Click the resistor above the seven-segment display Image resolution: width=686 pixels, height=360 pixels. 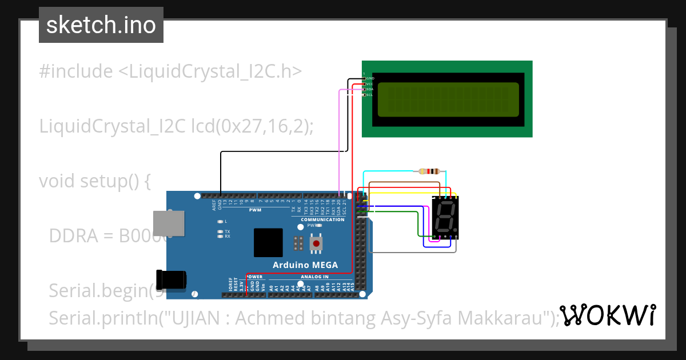tap(429, 171)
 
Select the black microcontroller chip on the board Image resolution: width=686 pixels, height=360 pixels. tap(268, 242)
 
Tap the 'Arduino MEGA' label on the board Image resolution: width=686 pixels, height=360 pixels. tap(305, 265)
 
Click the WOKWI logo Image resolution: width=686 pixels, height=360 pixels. tap(607, 315)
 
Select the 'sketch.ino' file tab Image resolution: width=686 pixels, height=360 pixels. tap(101, 25)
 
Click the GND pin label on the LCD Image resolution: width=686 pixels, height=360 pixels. tap(370, 78)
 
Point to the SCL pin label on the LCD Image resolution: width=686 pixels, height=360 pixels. tap(369, 95)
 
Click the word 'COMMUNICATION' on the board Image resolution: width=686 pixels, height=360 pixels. tap(322, 219)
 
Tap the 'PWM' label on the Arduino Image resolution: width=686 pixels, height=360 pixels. tap(255, 210)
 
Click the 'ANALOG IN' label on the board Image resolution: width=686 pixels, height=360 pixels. tap(314, 277)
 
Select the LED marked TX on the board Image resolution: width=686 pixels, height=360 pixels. tap(220, 231)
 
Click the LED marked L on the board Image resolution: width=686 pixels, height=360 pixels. tap(220, 221)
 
